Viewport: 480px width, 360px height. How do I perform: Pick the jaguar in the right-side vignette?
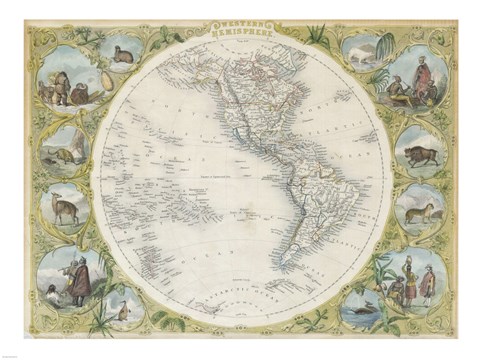(419, 211)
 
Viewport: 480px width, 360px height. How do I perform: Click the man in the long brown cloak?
(80, 281)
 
